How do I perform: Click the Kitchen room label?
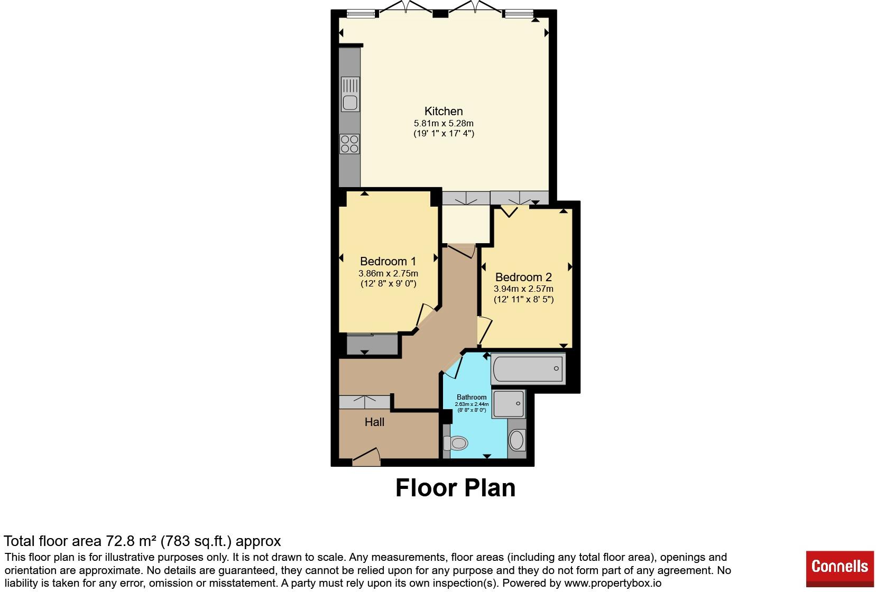[x=444, y=111]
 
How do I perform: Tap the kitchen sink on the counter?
[x=350, y=94]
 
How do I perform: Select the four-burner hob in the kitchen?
[x=349, y=144]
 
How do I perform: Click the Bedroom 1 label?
[x=388, y=261]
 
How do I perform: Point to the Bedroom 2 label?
[x=523, y=277]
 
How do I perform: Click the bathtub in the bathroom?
[x=528, y=368]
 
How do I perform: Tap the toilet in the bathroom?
[x=456, y=443]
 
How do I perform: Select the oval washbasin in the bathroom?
[x=517, y=440]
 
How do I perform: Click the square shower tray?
[x=509, y=404]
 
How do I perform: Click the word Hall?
[x=374, y=422]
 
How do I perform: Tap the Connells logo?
[x=840, y=569]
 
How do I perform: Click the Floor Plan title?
[x=455, y=488]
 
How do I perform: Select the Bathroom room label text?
[x=472, y=397]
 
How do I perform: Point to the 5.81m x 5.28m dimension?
[x=444, y=123]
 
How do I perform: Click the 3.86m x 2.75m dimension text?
[x=388, y=273]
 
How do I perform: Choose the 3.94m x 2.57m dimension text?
[x=523, y=289]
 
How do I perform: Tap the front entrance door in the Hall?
[x=366, y=457]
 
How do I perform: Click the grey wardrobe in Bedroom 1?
[x=372, y=344]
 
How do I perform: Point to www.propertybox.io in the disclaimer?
[x=613, y=584]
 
